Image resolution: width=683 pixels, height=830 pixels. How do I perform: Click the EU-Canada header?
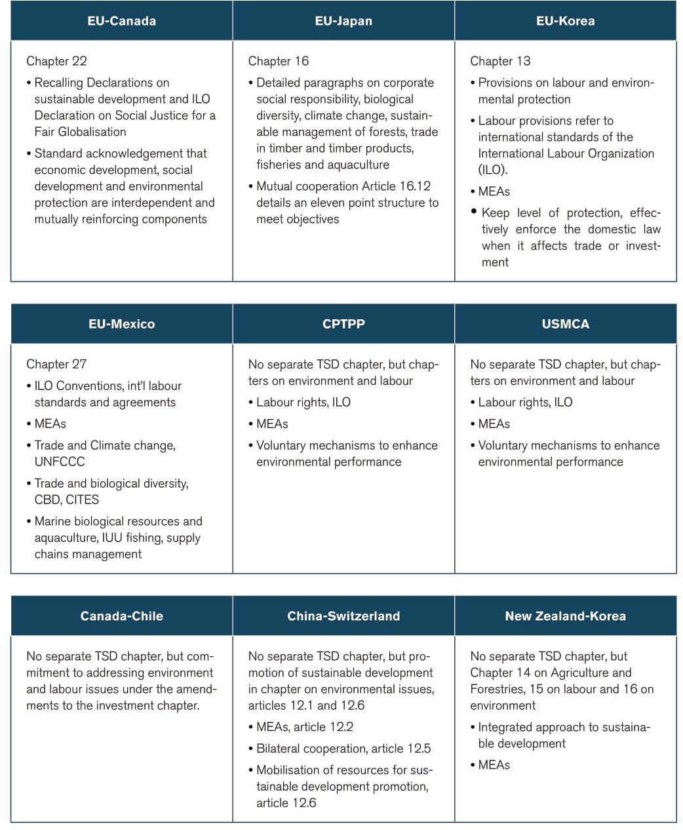121,21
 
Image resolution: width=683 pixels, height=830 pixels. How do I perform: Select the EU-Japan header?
343,21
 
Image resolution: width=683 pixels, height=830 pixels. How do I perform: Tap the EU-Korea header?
565,21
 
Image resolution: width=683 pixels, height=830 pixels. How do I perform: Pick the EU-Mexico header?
121,324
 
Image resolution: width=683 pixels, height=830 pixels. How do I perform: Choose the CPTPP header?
343,324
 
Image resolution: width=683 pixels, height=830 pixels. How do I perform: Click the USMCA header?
565,324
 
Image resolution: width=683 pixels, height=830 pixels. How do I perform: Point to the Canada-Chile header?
121,616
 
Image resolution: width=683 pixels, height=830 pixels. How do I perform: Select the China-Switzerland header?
343,616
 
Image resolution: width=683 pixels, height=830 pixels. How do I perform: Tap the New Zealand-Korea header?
565,616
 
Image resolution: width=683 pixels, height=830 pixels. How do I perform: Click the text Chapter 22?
56,61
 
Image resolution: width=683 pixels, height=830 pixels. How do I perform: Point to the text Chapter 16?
278,61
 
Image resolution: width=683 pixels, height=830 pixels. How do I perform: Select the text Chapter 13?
500,61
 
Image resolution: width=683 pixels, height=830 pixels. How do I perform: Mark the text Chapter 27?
56,364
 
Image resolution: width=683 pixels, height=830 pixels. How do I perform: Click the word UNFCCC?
60,462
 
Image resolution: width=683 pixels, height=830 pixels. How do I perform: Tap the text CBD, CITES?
67,500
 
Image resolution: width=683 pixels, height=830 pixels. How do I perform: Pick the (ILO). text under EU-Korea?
493,170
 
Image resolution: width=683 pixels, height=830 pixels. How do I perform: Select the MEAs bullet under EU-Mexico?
50,424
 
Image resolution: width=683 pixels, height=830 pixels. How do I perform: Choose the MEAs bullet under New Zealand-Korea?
494,765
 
